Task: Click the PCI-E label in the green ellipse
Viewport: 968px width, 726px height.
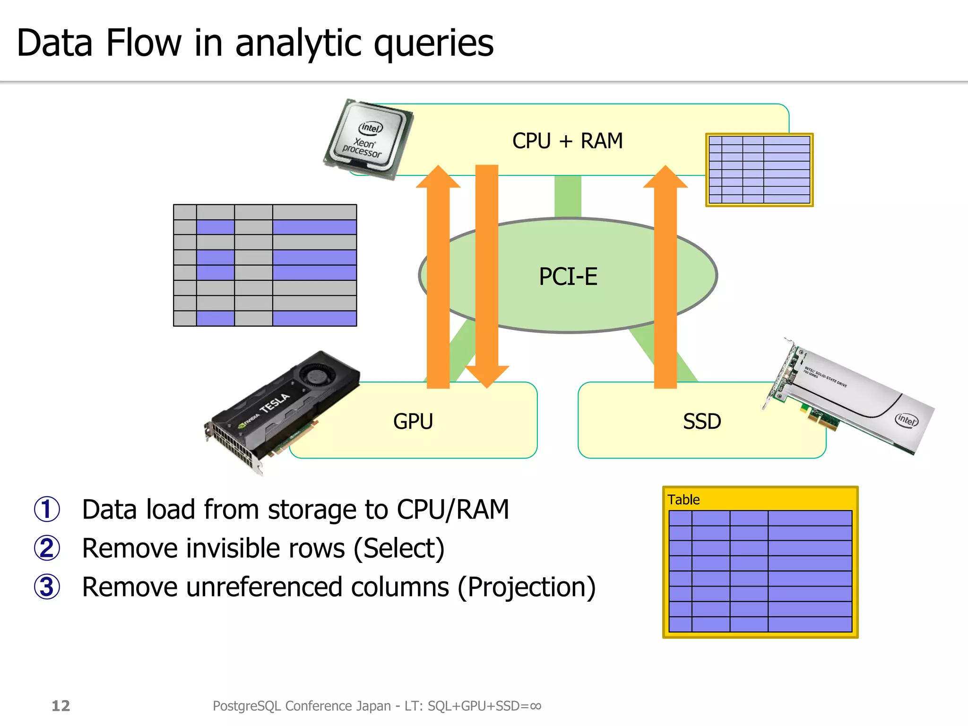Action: (x=568, y=277)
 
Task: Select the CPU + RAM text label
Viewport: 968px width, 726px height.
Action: (x=567, y=141)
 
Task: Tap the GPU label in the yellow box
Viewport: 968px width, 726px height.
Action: (x=413, y=421)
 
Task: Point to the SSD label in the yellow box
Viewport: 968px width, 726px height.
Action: (x=702, y=421)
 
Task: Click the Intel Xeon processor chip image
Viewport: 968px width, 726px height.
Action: (x=369, y=139)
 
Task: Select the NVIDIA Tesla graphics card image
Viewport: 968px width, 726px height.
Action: (x=281, y=411)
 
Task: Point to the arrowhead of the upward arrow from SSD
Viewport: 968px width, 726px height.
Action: (x=665, y=178)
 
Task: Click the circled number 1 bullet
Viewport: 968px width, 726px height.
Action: (x=47, y=510)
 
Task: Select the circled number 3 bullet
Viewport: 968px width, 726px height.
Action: (x=47, y=587)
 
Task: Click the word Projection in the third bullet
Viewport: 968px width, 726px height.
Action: (x=527, y=588)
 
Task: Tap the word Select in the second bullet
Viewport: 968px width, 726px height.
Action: (x=399, y=549)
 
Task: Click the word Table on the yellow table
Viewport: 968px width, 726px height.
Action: (x=683, y=500)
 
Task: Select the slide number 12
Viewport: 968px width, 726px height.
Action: (x=60, y=706)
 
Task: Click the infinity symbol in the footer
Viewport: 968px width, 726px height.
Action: (x=535, y=706)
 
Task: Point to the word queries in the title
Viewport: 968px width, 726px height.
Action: (x=433, y=43)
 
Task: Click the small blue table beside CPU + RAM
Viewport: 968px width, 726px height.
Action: (x=759, y=170)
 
